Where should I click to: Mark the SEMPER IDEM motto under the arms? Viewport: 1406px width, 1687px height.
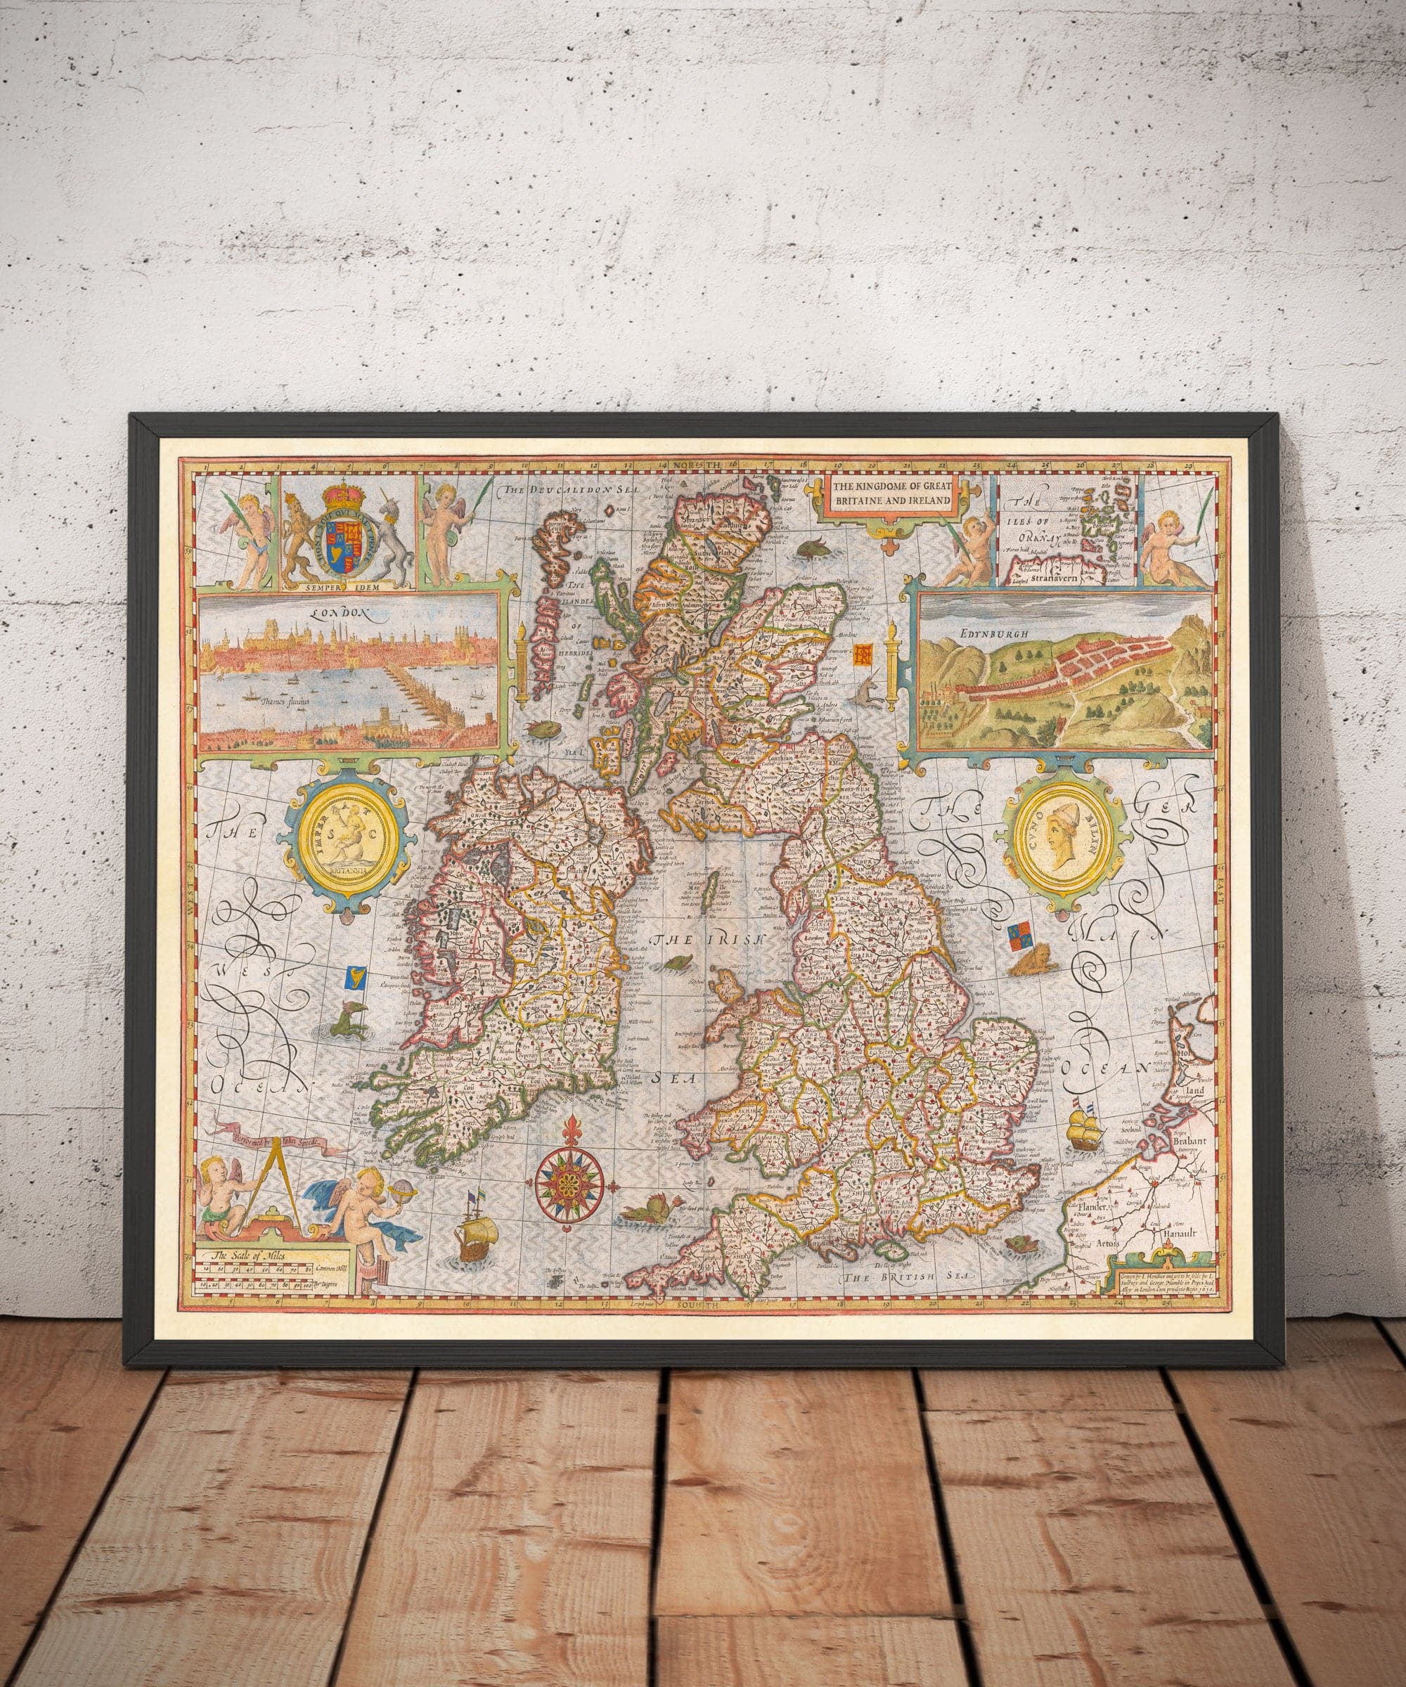(x=349, y=586)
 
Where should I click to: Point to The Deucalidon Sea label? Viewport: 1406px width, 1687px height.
(x=551, y=489)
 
